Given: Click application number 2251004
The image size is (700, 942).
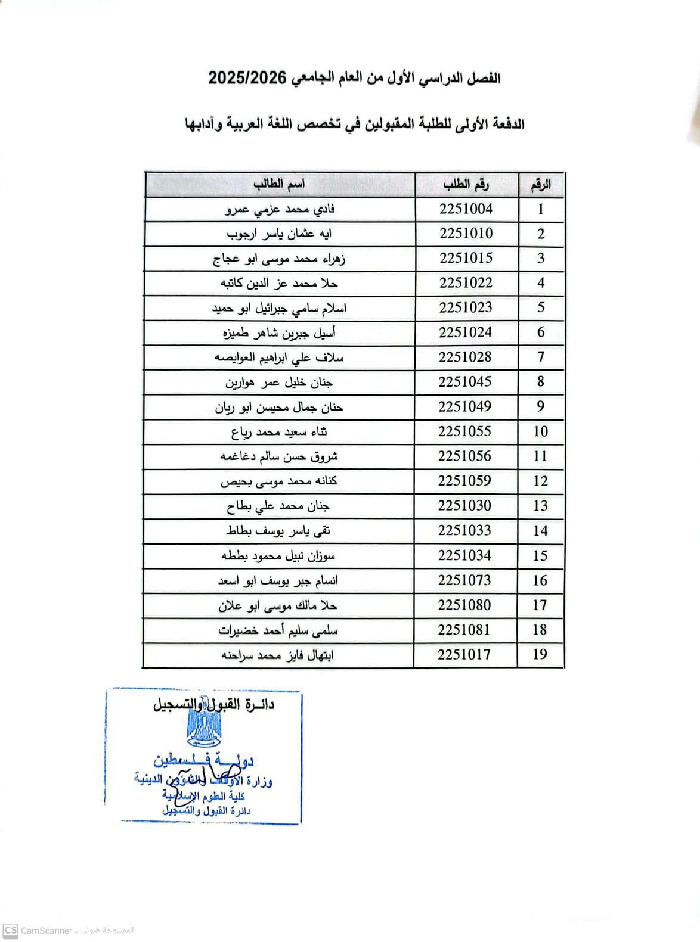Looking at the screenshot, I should [466, 209].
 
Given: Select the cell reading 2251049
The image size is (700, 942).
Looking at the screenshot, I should [465, 406].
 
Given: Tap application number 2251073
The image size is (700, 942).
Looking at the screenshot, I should [465, 580].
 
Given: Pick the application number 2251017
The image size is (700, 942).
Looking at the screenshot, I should [464, 654].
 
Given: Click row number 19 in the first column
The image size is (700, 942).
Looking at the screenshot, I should [540, 654].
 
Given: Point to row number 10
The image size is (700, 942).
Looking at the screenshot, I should [540, 431].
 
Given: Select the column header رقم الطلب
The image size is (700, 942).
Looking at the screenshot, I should [466, 185].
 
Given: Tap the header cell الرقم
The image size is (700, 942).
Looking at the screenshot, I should [540, 185].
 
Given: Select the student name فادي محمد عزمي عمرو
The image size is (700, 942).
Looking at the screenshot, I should [280, 209].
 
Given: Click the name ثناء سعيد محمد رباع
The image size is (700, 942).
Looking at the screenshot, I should [279, 432].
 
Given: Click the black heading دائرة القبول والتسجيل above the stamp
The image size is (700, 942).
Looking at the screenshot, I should [214, 704].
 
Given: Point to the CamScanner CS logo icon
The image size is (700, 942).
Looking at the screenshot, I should [10, 930].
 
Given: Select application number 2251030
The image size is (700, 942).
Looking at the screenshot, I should [465, 505].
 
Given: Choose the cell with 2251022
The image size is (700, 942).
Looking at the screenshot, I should [466, 282].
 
